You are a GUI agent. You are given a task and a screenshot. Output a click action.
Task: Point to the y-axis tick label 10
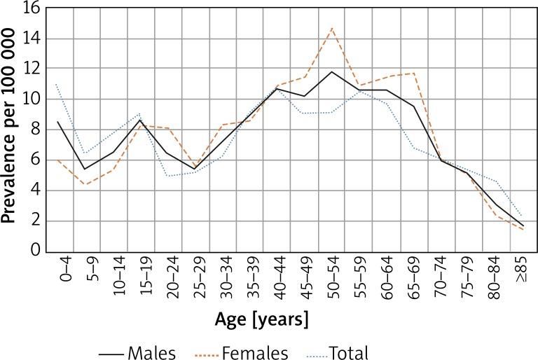32,99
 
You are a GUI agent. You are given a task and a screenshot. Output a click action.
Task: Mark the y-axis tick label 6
35,160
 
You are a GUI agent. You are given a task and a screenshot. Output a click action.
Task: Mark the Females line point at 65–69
413,73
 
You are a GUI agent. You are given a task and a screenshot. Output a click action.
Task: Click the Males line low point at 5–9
84,169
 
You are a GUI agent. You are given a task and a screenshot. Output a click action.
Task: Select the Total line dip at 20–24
167,176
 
